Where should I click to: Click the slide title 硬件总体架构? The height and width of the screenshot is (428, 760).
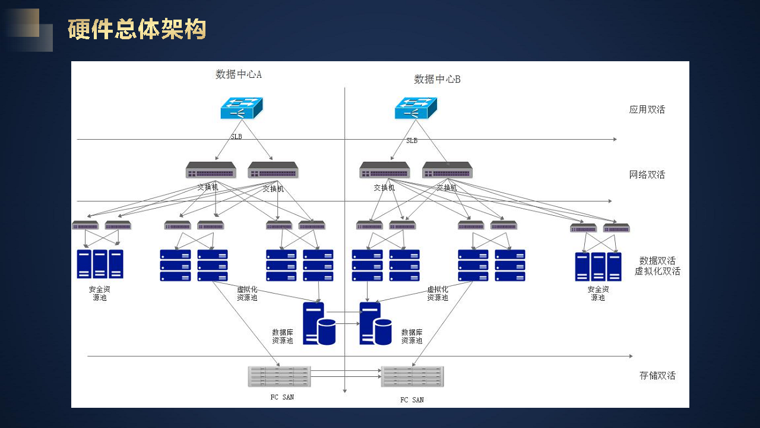137,29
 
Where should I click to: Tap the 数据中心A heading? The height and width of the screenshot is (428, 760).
238,74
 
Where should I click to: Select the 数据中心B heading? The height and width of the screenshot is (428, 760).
437,79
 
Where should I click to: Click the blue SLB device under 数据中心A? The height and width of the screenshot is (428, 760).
241,108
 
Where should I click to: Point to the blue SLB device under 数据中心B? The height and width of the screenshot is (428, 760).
416,108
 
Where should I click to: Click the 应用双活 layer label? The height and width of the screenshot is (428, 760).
647,109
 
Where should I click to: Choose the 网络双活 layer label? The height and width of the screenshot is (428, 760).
647,175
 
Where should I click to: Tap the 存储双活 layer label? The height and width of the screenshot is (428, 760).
657,376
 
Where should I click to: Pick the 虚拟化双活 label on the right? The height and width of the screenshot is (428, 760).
657,272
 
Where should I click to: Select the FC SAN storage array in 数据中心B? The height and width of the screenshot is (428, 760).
412,377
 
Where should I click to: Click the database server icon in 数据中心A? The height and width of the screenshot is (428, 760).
319,323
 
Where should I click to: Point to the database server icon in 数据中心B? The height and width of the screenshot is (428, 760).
375,323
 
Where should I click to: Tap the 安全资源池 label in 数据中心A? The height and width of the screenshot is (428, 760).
100,294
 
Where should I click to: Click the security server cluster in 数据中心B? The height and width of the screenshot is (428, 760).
598,266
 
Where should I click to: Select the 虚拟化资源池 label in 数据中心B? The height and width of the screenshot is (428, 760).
438,294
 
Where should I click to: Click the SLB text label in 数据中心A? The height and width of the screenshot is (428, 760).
236,137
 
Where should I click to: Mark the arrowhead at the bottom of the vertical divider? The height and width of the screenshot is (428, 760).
344,391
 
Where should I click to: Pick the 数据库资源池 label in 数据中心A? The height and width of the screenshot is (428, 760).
283,336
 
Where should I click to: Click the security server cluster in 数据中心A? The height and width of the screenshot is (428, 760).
100,264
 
